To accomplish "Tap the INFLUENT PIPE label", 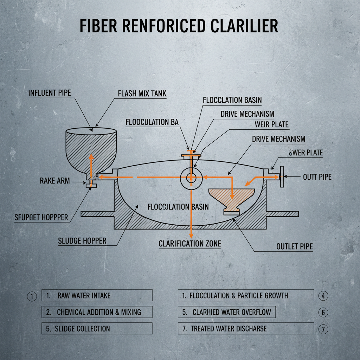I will [49, 93].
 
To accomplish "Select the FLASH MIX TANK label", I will [142, 94].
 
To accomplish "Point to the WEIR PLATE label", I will [271, 125].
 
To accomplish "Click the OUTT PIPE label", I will [317, 177].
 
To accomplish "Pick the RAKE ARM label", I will [55, 181].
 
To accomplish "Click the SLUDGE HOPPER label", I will [82, 241].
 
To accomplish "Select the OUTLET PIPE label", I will [294, 247].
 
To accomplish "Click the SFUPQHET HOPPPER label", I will [41, 217].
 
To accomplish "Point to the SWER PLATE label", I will [306, 153].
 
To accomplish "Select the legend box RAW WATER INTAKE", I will [97, 295].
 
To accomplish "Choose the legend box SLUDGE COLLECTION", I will [97, 329].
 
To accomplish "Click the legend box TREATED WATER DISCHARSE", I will [245, 329].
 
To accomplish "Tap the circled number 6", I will [323, 312].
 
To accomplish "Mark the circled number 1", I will [32, 296].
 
